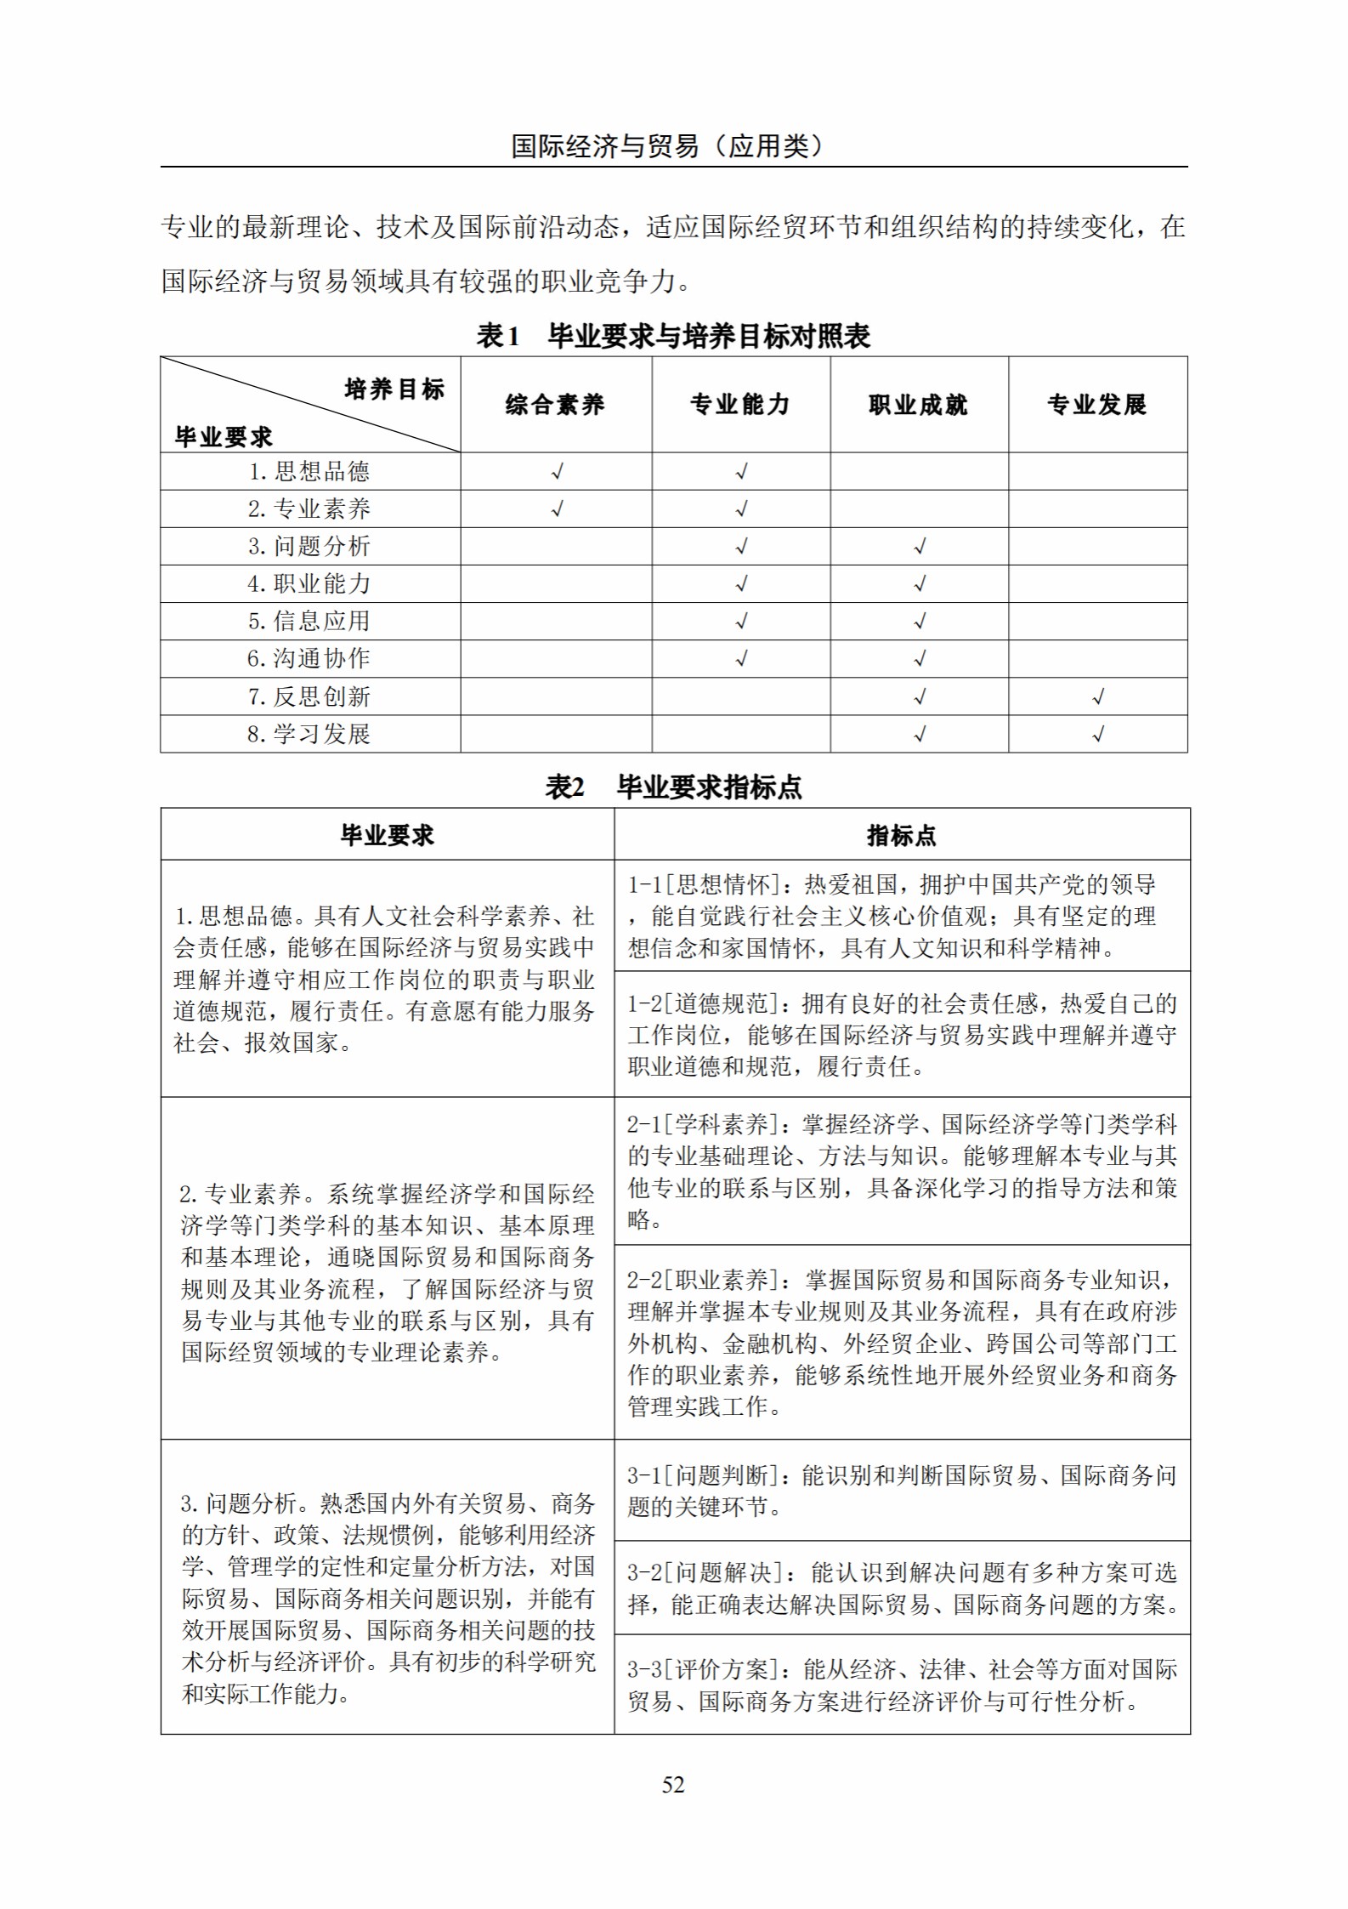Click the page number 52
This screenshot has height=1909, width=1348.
pos(673,1785)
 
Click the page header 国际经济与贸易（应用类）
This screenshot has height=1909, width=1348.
pos(667,146)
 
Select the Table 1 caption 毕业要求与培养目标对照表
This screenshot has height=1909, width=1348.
pos(673,336)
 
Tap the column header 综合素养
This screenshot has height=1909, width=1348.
pos(555,405)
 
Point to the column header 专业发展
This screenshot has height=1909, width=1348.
pos(1097,405)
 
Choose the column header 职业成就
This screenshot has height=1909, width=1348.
pos(919,405)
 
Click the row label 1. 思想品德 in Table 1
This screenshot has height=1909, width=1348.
pos(309,471)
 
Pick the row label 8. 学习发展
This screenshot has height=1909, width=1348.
pos(309,734)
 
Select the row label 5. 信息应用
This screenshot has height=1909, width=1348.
pos(309,621)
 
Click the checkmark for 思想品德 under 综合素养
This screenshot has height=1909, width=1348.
pos(558,471)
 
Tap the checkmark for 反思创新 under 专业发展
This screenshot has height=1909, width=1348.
pos(1098,697)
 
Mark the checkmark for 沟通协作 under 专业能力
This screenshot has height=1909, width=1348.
pos(741,658)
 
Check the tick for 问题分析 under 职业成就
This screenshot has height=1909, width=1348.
pos(920,547)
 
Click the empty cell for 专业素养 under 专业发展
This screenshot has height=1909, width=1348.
pos(1097,508)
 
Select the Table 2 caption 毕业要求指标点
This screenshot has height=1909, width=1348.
pos(673,787)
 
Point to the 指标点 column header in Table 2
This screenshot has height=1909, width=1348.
pos(901,835)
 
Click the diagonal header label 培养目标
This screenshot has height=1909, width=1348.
pos(394,389)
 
